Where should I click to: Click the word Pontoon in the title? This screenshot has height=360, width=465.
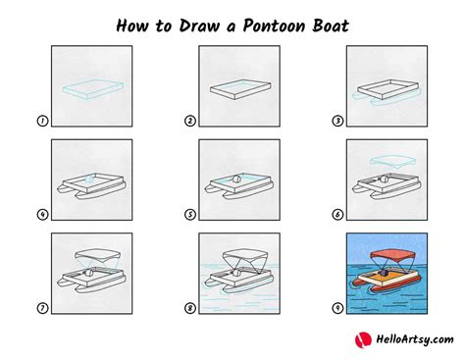276,26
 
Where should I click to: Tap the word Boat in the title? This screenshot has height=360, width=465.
331,26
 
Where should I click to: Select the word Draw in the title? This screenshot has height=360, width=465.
199,26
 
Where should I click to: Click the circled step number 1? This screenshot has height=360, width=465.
42,121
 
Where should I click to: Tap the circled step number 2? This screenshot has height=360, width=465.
190,121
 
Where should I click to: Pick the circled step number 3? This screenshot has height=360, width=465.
337,121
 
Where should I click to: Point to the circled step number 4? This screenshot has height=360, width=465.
42,215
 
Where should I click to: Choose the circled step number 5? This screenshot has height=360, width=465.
190,215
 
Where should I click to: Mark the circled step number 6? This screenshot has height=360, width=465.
337,215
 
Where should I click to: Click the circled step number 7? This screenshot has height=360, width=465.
42,308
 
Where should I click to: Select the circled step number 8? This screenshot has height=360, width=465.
190,308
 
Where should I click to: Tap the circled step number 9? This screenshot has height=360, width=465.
337,308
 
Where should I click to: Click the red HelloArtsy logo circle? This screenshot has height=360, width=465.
363,340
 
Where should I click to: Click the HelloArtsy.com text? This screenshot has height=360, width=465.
415,339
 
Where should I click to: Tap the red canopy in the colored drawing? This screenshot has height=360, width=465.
393,255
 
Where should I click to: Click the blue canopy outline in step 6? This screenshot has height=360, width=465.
393,162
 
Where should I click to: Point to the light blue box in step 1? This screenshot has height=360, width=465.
93,88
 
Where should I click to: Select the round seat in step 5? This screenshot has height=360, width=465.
236,180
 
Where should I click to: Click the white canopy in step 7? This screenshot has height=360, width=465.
98,254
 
